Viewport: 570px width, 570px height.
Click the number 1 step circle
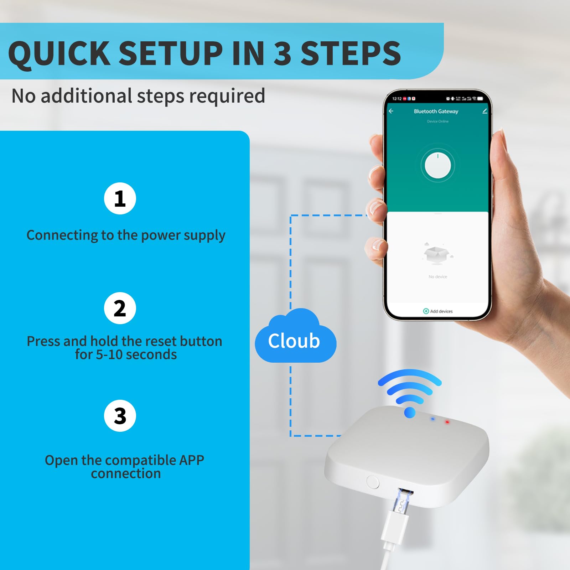[120, 198]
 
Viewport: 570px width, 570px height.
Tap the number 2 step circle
[120, 308]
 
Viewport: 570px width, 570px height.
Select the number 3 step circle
[120, 416]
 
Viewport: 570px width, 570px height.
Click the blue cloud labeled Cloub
[295, 338]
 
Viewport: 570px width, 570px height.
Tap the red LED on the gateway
[447, 422]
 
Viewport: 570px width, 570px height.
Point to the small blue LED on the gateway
[433, 419]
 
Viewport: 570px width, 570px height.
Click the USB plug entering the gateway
[401, 506]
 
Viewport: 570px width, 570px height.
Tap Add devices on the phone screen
[438, 311]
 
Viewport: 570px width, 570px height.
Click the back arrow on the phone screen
[391, 111]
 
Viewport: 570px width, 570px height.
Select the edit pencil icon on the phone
[484, 111]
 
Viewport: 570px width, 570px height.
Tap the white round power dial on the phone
[438, 165]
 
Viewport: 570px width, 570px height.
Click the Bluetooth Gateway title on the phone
[436, 112]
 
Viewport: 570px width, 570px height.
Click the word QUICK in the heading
[59, 53]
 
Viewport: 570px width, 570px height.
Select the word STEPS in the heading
[351, 53]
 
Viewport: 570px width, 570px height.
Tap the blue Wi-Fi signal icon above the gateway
[410, 392]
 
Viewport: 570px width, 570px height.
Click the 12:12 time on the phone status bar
[397, 99]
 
